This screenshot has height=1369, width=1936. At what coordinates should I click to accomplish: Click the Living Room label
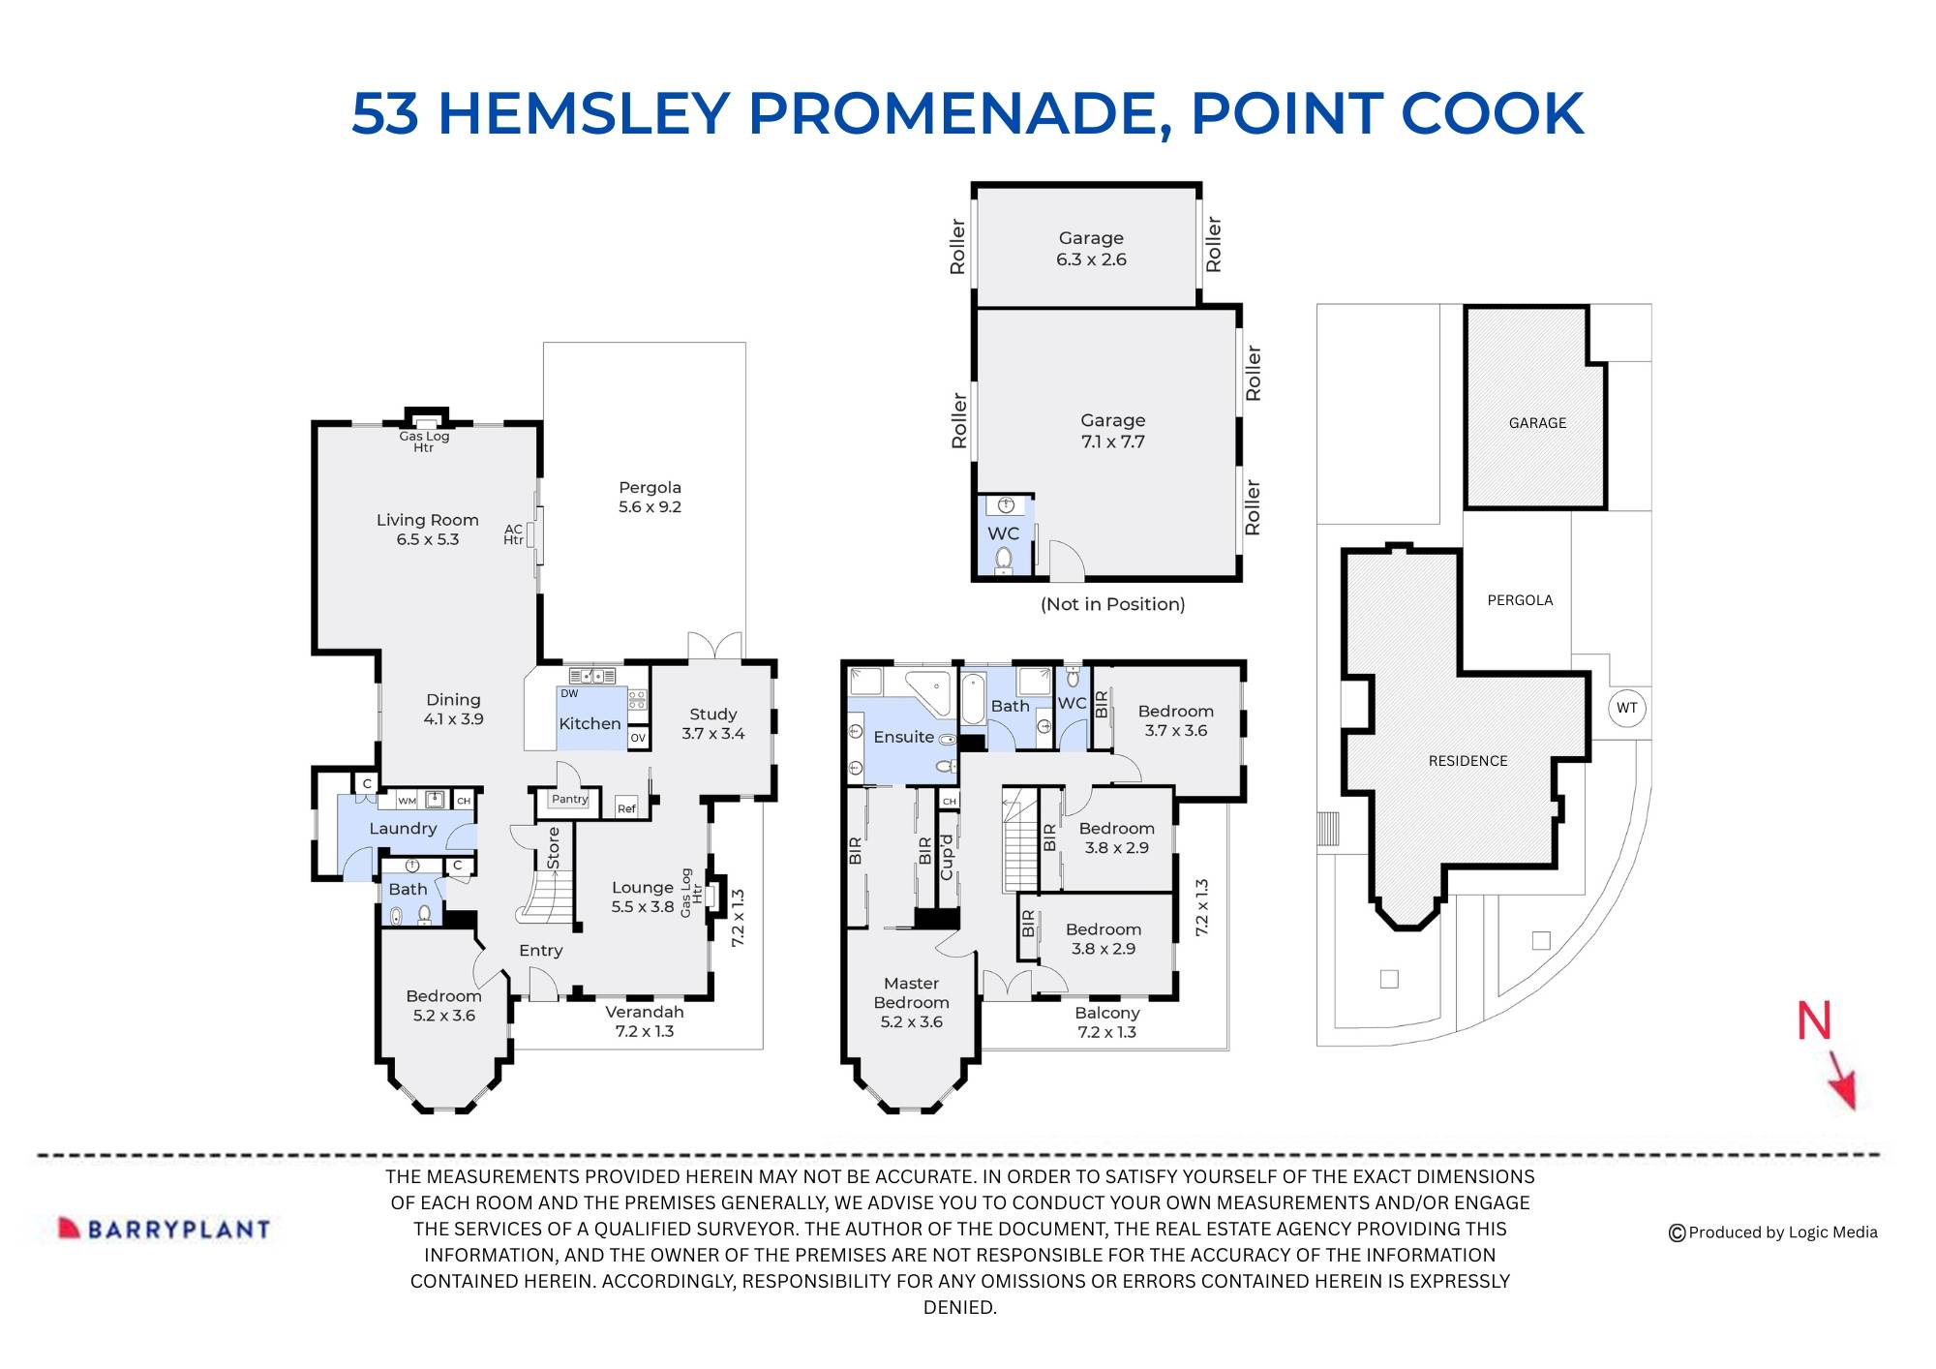pyautogui.click(x=427, y=520)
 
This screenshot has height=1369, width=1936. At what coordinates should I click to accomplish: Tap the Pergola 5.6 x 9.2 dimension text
pyautogui.click(x=650, y=506)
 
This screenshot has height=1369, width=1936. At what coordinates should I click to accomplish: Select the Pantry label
pyautogui.click(x=569, y=799)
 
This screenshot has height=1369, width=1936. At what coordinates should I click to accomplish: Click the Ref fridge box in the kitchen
pyautogui.click(x=626, y=808)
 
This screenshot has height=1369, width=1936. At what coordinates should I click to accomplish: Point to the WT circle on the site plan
pyautogui.click(x=1626, y=708)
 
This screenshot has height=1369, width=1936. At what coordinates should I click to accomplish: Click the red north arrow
pyautogui.click(x=1840, y=1080)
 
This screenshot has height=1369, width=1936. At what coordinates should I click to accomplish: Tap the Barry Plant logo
pyautogui.click(x=165, y=1229)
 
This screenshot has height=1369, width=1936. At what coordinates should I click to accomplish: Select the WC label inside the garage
pyautogui.click(x=1003, y=533)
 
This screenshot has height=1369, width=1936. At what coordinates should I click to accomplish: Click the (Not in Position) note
pyautogui.click(x=1112, y=604)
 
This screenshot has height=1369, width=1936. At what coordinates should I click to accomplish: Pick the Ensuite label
pyautogui.click(x=903, y=737)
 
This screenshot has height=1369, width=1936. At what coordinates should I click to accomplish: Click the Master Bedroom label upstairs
pyautogui.click(x=911, y=992)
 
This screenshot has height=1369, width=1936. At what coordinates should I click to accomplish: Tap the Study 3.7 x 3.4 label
pyautogui.click(x=712, y=723)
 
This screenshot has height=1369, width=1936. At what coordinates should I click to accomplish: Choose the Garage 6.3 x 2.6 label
pyautogui.click(x=1091, y=248)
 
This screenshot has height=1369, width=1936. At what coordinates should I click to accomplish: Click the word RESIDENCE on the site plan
pyautogui.click(x=1467, y=761)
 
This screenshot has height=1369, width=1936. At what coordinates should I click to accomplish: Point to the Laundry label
pyautogui.click(x=403, y=829)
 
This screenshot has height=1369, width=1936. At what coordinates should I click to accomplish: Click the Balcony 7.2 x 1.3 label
pyautogui.click(x=1106, y=1022)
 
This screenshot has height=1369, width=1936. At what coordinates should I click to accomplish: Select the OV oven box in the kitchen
pyautogui.click(x=637, y=738)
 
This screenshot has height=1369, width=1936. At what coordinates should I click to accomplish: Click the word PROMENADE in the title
pyautogui.click(x=953, y=113)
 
